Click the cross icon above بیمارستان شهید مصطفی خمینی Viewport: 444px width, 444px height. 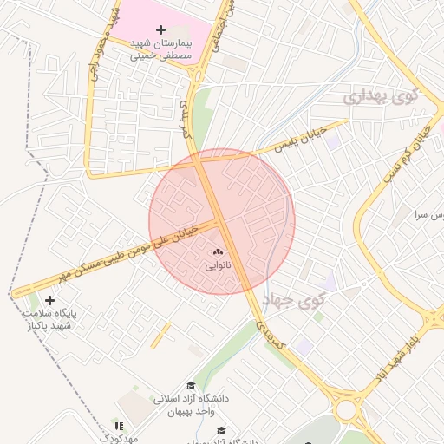click(160, 30)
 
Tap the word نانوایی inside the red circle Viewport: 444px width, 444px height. click(218, 266)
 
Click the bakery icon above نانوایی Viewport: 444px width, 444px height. click(218, 253)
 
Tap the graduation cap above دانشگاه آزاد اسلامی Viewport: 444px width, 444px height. click(191, 386)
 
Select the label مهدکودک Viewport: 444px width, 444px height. click(118, 439)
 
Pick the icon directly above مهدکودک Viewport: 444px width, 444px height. click(119, 426)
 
